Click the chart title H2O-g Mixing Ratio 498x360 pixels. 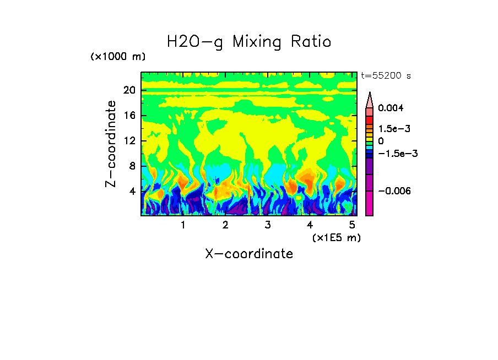pos(249,42)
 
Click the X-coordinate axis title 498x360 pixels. pos(249,254)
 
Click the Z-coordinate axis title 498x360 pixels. pos(111,144)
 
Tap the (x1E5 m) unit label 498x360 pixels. pos(336,237)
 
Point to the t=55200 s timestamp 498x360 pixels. pos(386,76)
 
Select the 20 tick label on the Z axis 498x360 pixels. pos(129,91)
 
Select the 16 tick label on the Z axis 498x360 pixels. pos(129,116)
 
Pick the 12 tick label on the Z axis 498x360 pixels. pos(129,141)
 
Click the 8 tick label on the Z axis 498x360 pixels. pos(132,166)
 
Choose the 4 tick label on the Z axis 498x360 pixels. pos(132,191)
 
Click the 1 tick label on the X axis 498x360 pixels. pos(183,225)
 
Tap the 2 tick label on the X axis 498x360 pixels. pos(225,225)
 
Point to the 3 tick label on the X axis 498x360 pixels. pos(268,225)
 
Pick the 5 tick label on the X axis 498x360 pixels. pos(352,225)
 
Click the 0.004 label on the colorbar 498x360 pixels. pos(391,108)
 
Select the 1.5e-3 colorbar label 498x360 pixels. pos(394,128)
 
